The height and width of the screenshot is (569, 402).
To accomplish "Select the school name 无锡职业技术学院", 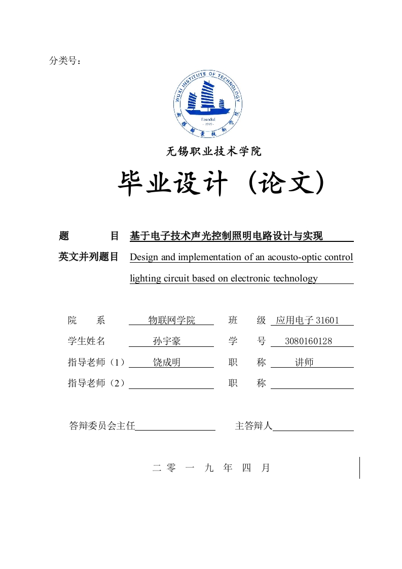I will (x=214, y=151).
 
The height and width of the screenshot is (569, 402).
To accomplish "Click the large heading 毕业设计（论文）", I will (x=221, y=184).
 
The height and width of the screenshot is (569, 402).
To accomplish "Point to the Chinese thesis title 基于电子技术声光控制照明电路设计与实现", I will (x=226, y=236).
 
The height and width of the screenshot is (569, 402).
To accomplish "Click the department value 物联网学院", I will (x=171, y=321).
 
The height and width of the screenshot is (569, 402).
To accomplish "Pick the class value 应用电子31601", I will (x=307, y=321).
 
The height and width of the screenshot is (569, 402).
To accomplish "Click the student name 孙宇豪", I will (x=167, y=341).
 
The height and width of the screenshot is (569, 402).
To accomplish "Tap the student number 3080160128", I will (x=309, y=341).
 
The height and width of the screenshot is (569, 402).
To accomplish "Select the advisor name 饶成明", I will (x=167, y=363).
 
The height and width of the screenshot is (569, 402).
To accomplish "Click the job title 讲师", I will (x=304, y=363).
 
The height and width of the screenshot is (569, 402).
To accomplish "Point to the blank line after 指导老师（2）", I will (x=171, y=384).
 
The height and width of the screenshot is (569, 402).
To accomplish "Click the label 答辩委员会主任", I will (x=102, y=426).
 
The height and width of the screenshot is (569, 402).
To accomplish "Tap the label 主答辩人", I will (x=253, y=426).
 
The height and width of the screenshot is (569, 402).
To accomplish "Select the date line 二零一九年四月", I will (x=211, y=468).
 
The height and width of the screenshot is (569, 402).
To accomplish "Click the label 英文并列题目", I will (x=89, y=257).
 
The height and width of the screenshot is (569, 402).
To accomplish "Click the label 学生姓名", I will (x=87, y=341).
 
